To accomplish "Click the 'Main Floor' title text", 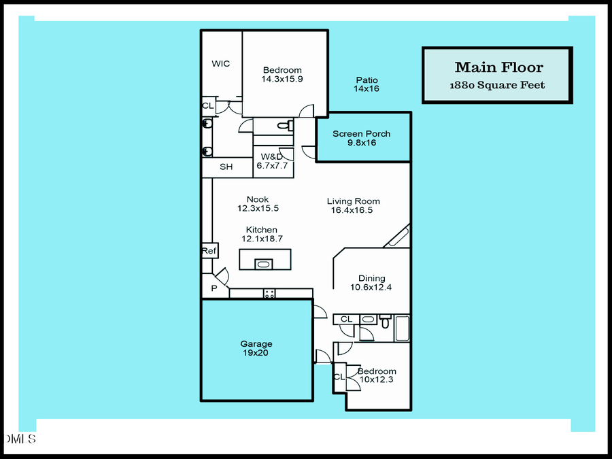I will pyautogui.click(x=498, y=67).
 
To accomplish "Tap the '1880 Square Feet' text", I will pyautogui.click(x=497, y=86).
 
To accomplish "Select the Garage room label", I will pyautogui.click(x=256, y=344).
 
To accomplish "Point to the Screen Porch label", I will pyautogui.click(x=361, y=134).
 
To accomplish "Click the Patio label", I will pyautogui.click(x=367, y=80).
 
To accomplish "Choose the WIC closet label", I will pyautogui.click(x=220, y=64).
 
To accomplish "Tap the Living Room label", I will pyautogui.click(x=353, y=201).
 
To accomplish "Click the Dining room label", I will pyautogui.click(x=371, y=278).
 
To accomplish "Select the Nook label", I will pyautogui.click(x=258, y=200).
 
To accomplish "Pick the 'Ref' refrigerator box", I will pyautogui.click(x=209, y=252).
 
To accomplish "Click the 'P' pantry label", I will pyautogui.click(x=214, y=289).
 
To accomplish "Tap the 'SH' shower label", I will pyautogui.click(x=226, y=167).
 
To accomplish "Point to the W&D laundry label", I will pyautogui.click(x=272, y=157).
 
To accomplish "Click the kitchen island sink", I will pyautogui.click(x=263, y=264).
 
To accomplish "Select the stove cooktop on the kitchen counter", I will pyautogui.click(x=269, y=294).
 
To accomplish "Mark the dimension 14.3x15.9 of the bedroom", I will pyautogui.click(x=282, y=79).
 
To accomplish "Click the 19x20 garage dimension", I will pyautogui.click(x=256, y=353).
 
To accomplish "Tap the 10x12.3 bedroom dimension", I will pyautogui.click(x=377, y=379).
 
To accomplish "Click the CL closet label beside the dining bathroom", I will pyautogui.click(x=346, y=319).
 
